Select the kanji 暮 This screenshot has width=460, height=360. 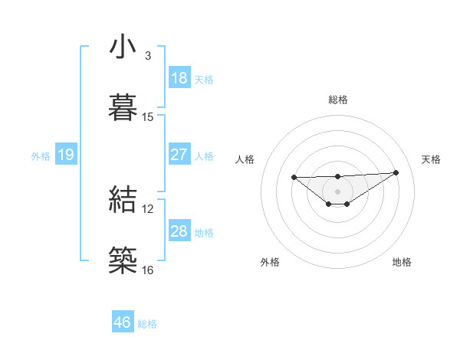coord(123,108)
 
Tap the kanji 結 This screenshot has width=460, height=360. coord(123,199)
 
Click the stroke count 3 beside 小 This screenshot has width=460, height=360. coord(148,56)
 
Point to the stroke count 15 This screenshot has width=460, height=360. coord(148,117)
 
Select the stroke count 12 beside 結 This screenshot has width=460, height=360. coord(148,208)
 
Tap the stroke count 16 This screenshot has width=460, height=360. coord(148,270)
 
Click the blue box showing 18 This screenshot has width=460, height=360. coord(179,78)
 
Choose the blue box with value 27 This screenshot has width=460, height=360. coord(179,155)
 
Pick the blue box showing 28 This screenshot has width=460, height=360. coord(179,231)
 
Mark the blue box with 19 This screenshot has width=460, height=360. coord(66,155)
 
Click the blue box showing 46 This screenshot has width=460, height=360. coord(123,322)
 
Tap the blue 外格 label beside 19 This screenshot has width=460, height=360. coord(41,156)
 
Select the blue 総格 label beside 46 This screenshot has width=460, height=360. coord(147,324)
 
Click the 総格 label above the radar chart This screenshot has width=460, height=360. coord(338,100)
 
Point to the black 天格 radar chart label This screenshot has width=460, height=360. coord(431,159)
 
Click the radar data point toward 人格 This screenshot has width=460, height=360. coord(294,177)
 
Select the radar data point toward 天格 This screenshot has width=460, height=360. coord(396,172)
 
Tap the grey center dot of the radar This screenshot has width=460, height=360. coord(338,191)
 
